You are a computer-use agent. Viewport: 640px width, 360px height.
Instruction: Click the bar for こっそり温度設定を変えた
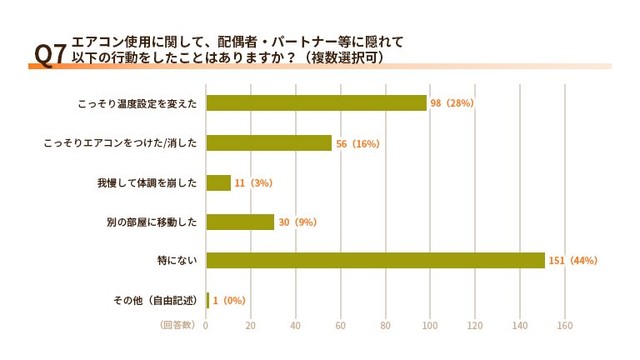316,103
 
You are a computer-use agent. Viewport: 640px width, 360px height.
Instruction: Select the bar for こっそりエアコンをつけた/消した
268,143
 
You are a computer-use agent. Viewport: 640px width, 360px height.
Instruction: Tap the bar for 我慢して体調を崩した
218,183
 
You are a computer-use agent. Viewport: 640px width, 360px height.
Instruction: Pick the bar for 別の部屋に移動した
240,222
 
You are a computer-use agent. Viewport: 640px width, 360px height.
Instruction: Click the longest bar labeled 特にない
375,261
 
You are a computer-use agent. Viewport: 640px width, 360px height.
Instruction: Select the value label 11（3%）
253,183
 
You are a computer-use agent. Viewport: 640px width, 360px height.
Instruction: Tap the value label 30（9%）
297,222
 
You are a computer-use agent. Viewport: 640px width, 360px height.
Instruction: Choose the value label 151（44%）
572,261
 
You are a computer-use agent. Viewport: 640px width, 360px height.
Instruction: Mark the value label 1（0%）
228,300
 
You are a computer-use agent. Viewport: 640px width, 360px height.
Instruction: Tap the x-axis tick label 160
564,325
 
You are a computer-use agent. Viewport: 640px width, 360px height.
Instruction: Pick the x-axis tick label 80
385,325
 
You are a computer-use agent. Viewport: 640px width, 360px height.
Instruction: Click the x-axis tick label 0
206,325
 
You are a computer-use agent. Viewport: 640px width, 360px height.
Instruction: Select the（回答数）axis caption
179,325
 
